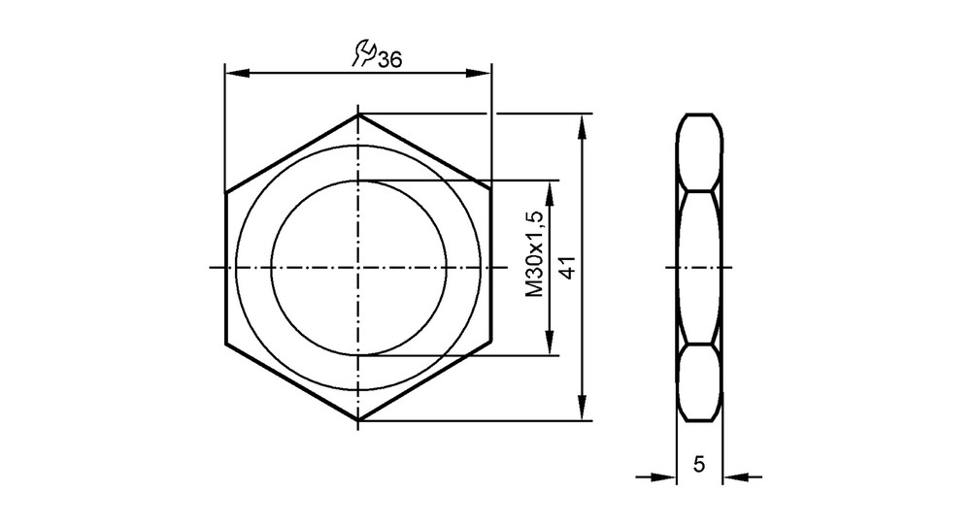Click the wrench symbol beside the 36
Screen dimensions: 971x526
pyautogui.click(x=363, y=53)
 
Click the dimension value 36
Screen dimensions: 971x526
pyautogui.click(x=389, y=60)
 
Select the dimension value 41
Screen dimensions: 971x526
pyautogui.click(x=568, y=267)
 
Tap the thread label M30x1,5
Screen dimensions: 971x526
pyautogui.click(x=534, y=253)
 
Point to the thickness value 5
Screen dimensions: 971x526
pyautogui.click(x=699, y=464)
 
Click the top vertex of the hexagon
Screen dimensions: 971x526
pyautogui.click(x=358, y=115)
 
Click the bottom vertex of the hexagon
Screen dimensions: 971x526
pyautogui.click(x=358, y=420)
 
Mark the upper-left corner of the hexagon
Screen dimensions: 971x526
pyautogui.click(x=226, y=192)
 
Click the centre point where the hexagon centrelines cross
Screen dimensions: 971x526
pyautogui.click(x=358, y=267)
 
